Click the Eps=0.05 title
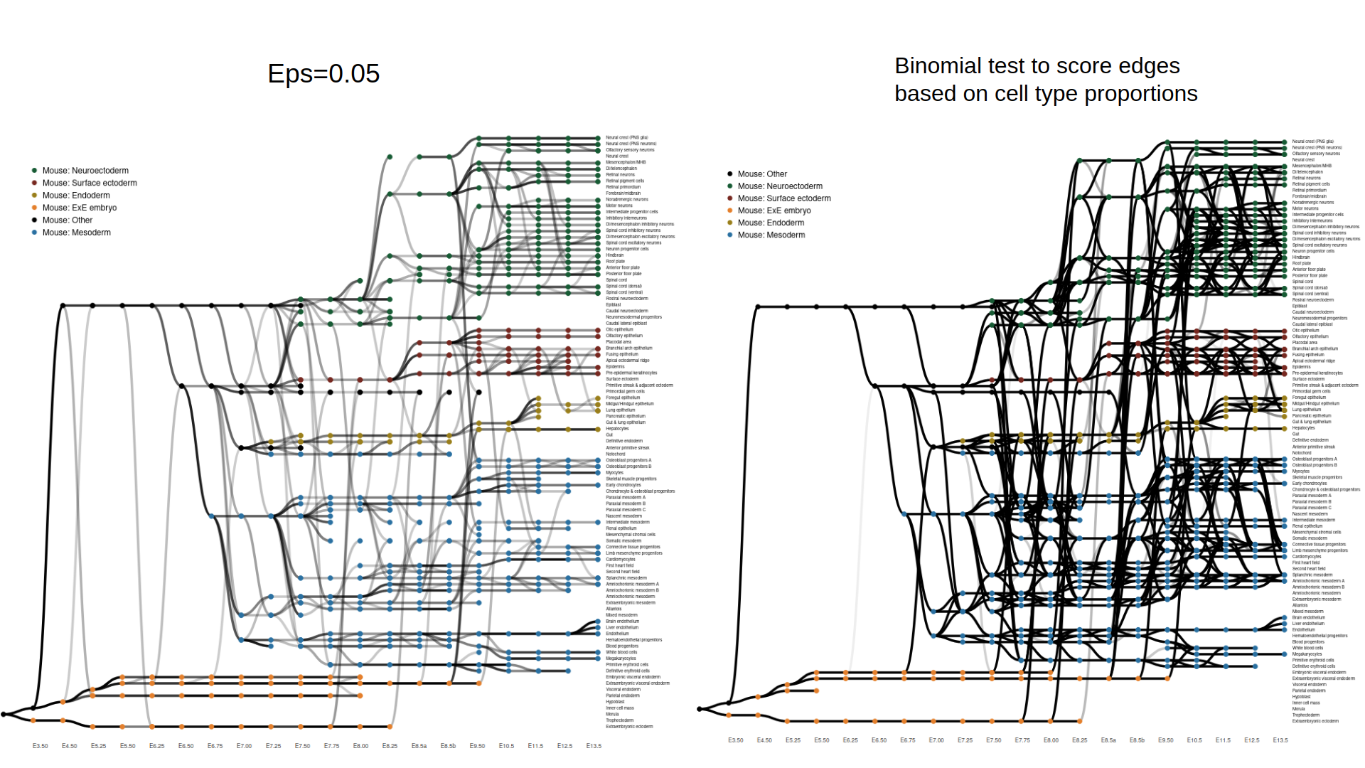click(323, 74)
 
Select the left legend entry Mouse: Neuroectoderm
click(85, 171)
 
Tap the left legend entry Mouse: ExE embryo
click(80, 208)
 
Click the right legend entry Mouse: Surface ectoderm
click(784, 198)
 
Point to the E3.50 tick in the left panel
click(41, 746)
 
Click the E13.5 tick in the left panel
click(594, 746)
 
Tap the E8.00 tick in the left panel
click(360, 746)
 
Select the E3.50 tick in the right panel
click(736, 740)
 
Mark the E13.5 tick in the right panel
click(1280, 740)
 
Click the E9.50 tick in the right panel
click(1166, 740)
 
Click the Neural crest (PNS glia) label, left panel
click(627, 138)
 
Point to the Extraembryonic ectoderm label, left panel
click(629, 727)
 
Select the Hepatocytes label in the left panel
click(617, 429)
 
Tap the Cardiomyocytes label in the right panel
click(1307, 557)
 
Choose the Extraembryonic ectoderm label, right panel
click(1315, 721)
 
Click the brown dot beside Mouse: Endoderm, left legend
click(34, 196)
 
